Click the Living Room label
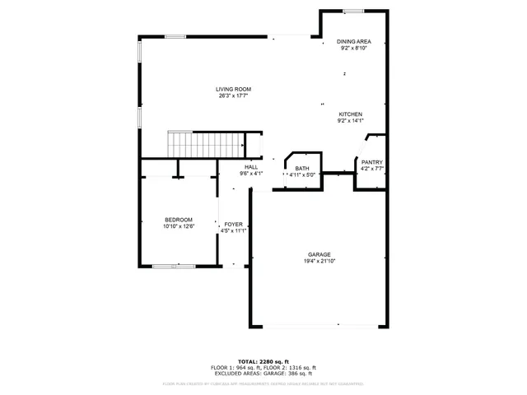(233, 89)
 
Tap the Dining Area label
(353, 41)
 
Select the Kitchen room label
(350, 114)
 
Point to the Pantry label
(371, 162)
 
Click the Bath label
(302, 168)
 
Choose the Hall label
(250, 167)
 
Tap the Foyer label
(233, 224)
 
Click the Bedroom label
(179, 220)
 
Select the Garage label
(319, 255)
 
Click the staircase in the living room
(206, 144)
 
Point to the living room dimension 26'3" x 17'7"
(233, 96)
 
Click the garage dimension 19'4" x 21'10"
(319, 262)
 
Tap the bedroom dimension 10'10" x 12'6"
(179, 226)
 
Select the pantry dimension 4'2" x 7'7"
(371, 169)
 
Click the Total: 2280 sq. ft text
(263, 361)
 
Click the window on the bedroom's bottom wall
(174, 266)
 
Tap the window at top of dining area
(354, 11)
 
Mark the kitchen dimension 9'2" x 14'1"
(350, 121)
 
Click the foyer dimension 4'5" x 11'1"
(233, 230)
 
